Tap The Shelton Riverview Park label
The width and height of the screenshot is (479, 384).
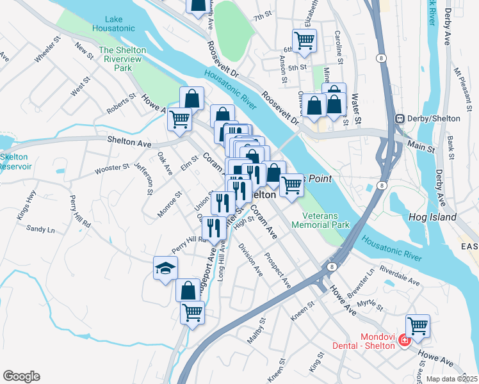(x=122, y=58)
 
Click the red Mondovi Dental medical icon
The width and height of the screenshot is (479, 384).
(x=404, y=340)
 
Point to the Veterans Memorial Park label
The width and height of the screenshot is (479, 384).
(x=320, y=220)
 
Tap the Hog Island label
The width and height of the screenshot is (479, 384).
(x=432, y=218)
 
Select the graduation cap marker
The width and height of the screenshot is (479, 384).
(x=165, y=268)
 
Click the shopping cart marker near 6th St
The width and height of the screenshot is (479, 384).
(x=304, y=40)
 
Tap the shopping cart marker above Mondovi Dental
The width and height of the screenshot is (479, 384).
(x=418, y=326)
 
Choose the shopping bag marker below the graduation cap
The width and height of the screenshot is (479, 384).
(x=188, y=290)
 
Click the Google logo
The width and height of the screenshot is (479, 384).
(x=21, y=376)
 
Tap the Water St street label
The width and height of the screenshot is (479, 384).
(x=357, y=109)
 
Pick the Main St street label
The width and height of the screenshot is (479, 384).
(x=421, y=147)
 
